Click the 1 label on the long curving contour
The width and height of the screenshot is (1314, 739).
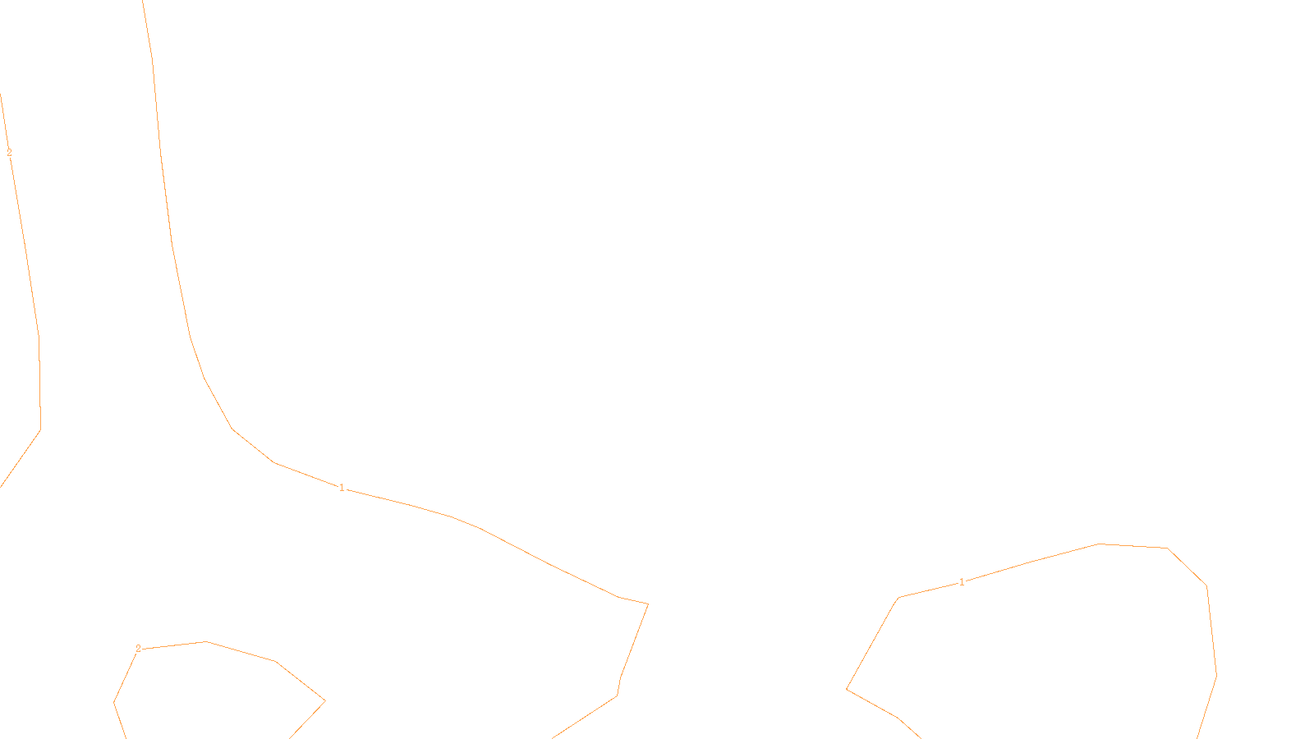(x=342, y=488)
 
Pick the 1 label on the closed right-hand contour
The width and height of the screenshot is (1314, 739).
(x=962, y=582)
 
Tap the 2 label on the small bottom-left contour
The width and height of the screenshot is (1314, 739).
(x=138, y=649)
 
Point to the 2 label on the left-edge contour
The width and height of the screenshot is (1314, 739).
(x=9, y=153)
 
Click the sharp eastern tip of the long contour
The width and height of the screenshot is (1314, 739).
(x=648, y=604)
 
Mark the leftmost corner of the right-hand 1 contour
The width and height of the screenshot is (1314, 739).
(x=847, y=689)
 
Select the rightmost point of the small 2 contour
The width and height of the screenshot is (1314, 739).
(x=325, y=700)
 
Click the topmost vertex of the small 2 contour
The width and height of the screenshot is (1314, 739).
(x=205, y=641)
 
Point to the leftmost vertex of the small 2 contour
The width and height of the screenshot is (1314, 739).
(x=113, y=702)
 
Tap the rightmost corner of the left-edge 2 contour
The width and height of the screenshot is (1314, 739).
(x=41, y=429)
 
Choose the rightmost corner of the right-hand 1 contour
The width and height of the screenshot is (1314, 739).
(x=1216, y=676)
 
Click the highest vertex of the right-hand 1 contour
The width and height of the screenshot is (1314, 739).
(x=1100, y=544)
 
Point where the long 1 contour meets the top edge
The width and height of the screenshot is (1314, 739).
(x=143, y=1)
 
